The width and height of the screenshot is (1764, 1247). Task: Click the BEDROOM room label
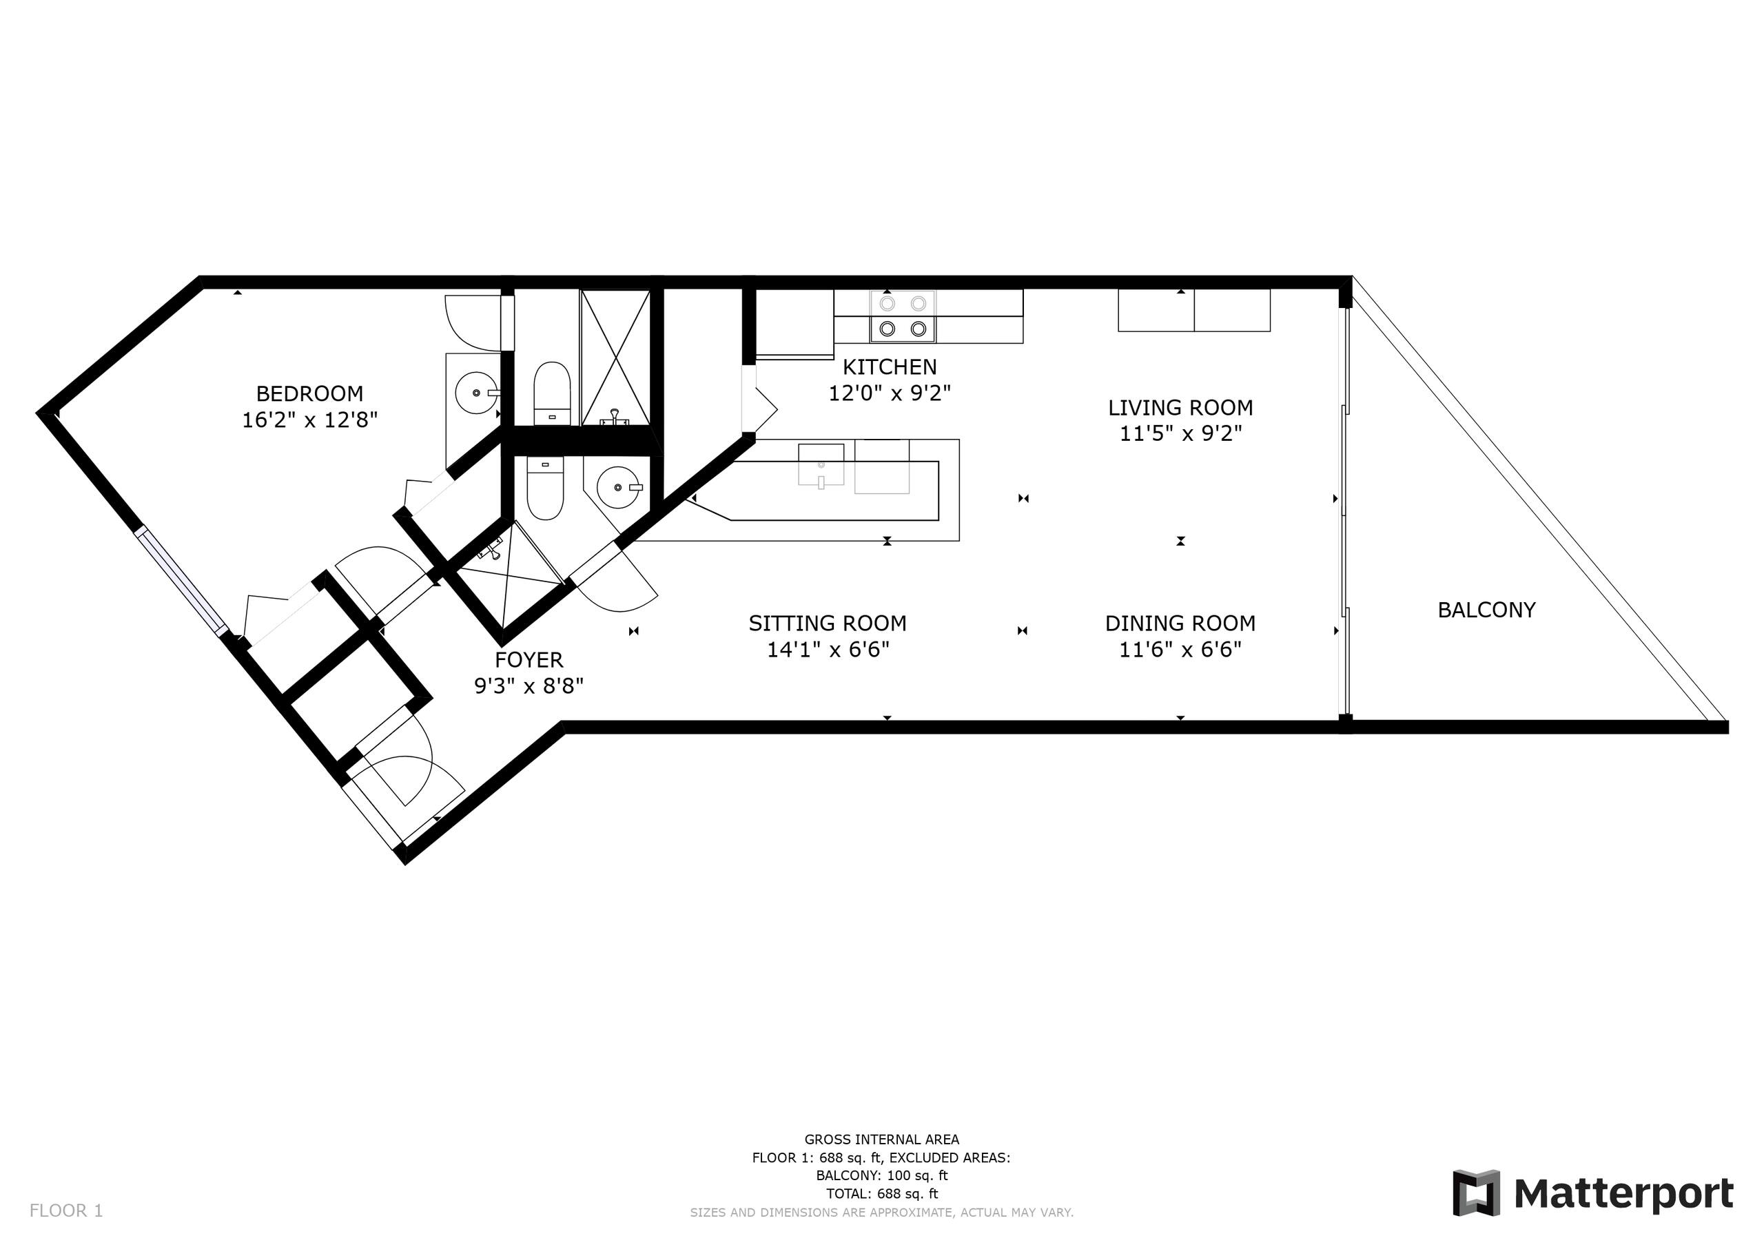(x=309, y=393)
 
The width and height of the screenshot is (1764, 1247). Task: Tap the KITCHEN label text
(x=890, y=367)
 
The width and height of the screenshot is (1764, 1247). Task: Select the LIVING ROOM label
(x=1180, y=407)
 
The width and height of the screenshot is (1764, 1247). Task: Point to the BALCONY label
(x=1486, y=610)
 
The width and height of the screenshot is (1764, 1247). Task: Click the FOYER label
(x=529, y=660)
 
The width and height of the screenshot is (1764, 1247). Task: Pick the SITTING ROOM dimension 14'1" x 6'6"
(x=828, y=650)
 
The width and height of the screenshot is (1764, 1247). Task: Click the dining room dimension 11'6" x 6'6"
(x=1180, y=650)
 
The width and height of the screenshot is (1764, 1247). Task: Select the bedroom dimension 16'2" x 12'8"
(x=309, y=420)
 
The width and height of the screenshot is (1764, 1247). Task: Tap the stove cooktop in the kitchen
(x=903, y=316)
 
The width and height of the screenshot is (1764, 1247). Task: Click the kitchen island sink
(x=821, y=464)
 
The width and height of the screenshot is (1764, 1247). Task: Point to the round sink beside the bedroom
(x=477, y=393)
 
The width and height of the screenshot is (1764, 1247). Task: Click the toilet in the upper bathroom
(x=552, y=393)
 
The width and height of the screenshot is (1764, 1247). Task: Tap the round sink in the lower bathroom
(x=619, y=487)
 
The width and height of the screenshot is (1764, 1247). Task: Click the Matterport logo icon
(x=1476, y=1193)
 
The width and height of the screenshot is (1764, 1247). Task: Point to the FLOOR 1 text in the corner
(x=66, y=1211)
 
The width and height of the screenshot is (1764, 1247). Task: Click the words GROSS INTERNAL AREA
(x=882, y=1140)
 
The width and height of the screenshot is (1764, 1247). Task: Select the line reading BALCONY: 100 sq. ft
(x=882, y=1175)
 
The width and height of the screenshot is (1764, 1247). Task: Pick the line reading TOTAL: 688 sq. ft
(x=882, y=1194)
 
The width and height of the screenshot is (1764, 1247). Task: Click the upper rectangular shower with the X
(x=615, y=358)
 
